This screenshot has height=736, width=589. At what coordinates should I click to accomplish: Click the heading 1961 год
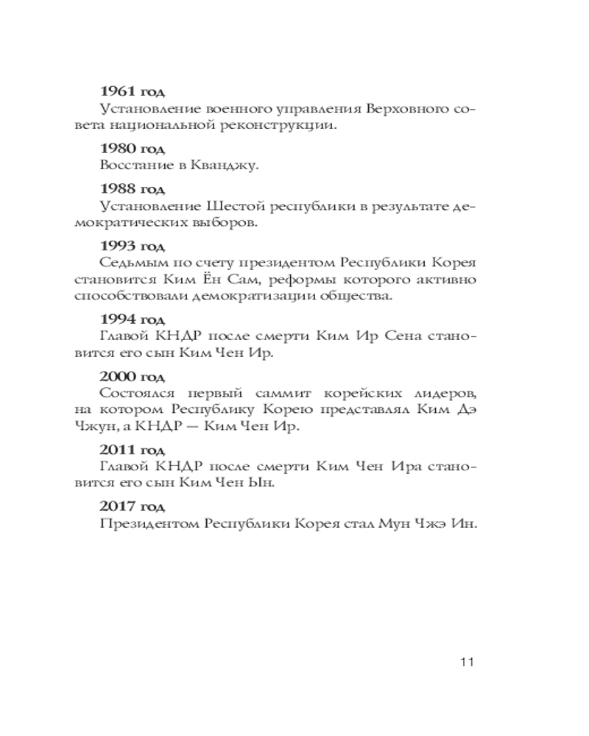[x=133, y=92]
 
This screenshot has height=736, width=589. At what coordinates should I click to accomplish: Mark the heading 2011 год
[x=133, y=449]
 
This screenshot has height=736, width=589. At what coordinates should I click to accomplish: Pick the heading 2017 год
[x=133, y=506]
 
